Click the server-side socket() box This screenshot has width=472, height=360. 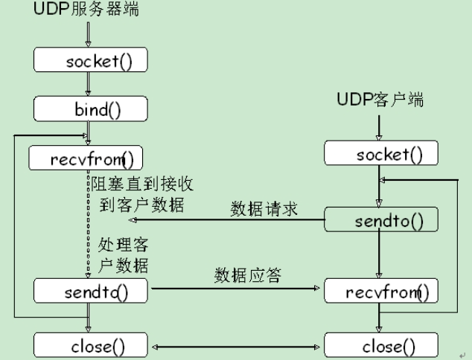tap(90, 60)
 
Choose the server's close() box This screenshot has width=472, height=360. tap(90, 345)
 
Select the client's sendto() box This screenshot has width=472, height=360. tap(380, 220)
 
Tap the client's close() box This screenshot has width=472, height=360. tap(380, 345)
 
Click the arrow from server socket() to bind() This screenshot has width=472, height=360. tap(89, 84)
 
